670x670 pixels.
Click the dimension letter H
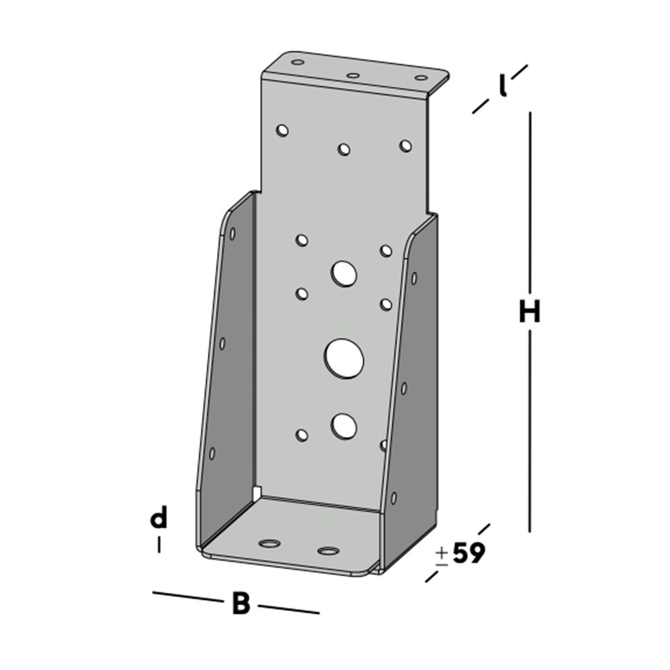click(x=529, y=312)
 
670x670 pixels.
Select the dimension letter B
click(x=241, y=604)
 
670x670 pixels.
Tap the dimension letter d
click(x=158, y=519)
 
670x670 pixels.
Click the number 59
click(x=468, y=554)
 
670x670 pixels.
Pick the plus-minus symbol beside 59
click(x=442, y=556)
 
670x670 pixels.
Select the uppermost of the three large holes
click(x=344, y=273)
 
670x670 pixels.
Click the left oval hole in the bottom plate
click(x=270, y=543)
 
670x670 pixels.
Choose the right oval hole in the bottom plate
click(x=328, y=551)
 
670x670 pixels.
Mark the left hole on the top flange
click(x=298, y=62)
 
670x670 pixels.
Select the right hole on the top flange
click(x=421, y=78)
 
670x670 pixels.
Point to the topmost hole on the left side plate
click(x=232, y=234)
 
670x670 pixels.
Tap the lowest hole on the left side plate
click(x=212, y=453)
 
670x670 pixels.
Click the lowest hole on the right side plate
click(x=394, y=498)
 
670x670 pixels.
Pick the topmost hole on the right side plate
click(x=414, y=277)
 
